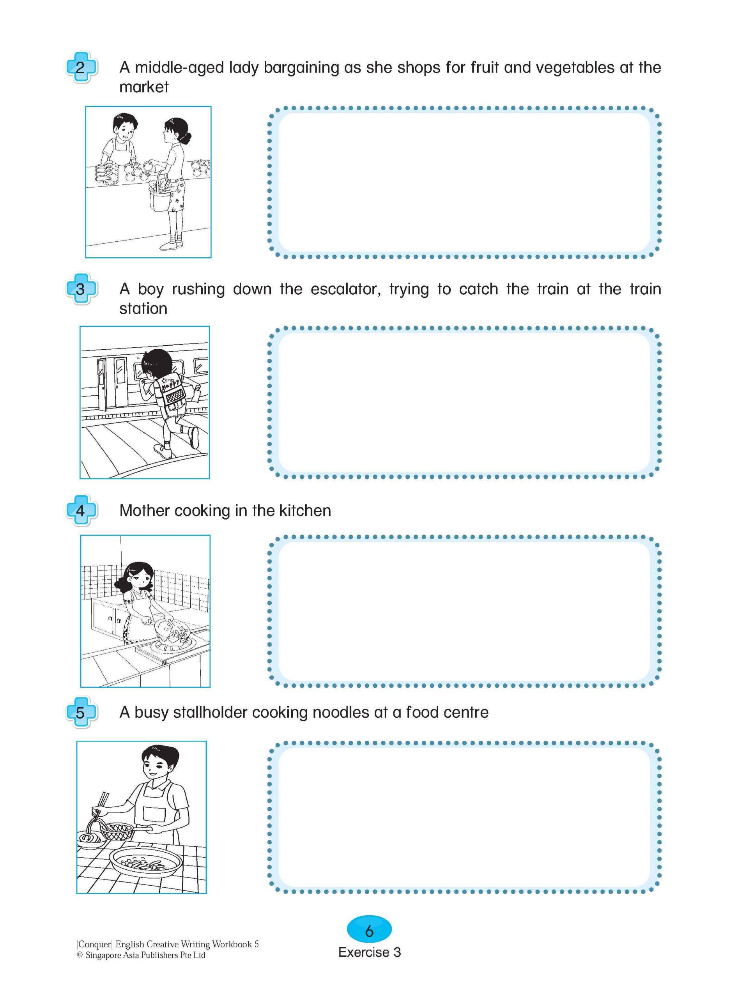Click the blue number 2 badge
(x=81, y=67)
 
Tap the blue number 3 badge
(x=81, y=289)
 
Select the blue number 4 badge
(x=81, y=510)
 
